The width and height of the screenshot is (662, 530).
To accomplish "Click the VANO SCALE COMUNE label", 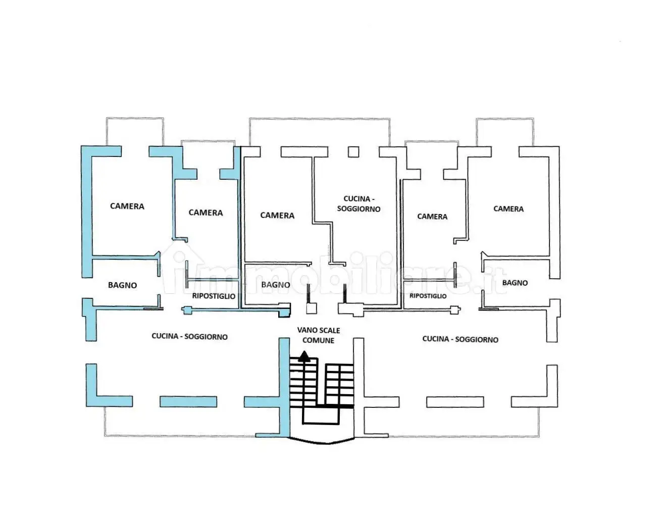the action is (319, 335).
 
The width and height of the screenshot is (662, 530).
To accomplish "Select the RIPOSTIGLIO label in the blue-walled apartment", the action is (214, 296).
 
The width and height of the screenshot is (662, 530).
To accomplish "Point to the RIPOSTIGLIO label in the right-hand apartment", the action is (428, 296).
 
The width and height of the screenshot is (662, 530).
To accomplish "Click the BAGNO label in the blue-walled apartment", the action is (122, 285).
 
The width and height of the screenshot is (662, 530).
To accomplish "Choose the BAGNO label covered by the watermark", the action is (276, 285).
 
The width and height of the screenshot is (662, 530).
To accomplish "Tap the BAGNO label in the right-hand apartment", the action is (515, 283).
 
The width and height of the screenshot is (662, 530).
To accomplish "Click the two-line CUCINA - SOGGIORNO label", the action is (359, 204).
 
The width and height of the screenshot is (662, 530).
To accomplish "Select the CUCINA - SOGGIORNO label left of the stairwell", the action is (189, 336).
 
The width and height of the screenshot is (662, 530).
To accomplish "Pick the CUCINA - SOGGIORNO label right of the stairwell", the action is (460, 339).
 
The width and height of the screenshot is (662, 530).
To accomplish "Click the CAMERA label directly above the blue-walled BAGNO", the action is (127, 206).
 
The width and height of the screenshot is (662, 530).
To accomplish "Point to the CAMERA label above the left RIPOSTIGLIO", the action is (206, 213).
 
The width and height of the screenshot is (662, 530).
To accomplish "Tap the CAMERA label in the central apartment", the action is (277, 216).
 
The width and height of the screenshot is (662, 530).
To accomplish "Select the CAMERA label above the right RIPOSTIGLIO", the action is (432, 217).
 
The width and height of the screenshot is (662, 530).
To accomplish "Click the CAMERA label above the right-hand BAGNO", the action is (508, 209).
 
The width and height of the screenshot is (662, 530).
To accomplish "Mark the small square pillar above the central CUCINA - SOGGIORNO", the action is (353, 152).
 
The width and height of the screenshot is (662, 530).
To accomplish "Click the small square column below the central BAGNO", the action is (312, 308).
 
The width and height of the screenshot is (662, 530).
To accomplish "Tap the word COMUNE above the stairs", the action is (319, 340).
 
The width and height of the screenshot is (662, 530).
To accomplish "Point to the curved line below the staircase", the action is (322, 442).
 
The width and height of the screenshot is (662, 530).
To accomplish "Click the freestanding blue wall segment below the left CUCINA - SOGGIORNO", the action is (188, 402).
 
